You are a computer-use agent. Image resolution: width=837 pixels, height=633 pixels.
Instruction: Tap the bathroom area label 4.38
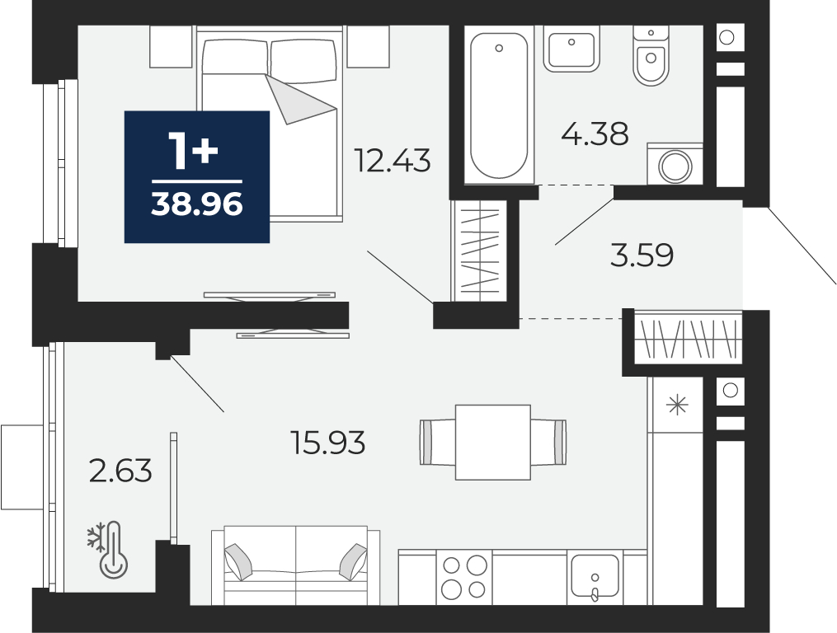(595, 134)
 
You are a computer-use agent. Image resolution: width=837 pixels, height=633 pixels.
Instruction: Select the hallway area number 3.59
(642, 256)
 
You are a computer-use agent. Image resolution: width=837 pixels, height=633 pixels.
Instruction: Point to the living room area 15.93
(327, 443)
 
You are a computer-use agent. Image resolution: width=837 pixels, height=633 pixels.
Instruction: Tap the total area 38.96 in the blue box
(197, 204)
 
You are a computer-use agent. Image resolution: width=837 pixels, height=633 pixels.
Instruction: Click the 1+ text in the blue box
(193, 152)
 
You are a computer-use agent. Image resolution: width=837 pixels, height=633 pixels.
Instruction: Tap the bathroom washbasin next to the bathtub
(571, 49)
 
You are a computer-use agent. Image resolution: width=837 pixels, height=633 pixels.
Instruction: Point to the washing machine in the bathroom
(675, 164)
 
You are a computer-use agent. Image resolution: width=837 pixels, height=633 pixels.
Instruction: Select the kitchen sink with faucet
(595, 578)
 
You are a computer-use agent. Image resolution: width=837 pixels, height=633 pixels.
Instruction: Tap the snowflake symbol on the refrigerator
(677, 405)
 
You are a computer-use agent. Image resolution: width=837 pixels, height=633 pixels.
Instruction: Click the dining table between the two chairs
(492, 442)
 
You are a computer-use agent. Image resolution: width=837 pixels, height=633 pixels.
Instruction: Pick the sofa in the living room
(296, 565)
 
